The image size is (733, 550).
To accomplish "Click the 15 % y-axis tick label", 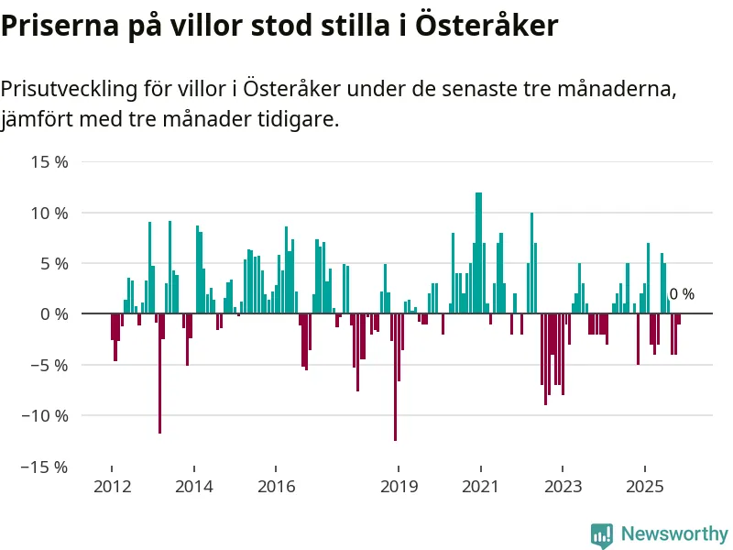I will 50,162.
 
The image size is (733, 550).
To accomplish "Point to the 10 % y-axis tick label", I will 50,213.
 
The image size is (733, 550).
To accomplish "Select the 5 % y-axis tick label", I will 54,263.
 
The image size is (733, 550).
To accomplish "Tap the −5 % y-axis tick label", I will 50,365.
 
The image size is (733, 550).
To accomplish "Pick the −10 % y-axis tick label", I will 47,415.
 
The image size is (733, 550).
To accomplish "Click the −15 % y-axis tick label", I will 47,467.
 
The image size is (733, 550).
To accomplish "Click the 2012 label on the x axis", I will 112,487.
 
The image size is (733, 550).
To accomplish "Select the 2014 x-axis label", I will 194,487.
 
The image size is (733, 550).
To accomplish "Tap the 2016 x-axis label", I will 277,487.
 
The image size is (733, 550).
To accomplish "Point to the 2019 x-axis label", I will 399,487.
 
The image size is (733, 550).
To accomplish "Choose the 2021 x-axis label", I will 481,487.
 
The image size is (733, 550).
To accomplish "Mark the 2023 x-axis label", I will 563,487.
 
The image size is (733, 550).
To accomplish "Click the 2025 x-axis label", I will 644,487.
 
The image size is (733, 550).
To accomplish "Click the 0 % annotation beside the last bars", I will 682,294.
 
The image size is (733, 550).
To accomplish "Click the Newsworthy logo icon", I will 601,534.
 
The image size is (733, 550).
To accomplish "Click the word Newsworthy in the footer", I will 674,533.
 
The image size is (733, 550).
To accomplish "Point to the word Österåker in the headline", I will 487,26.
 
